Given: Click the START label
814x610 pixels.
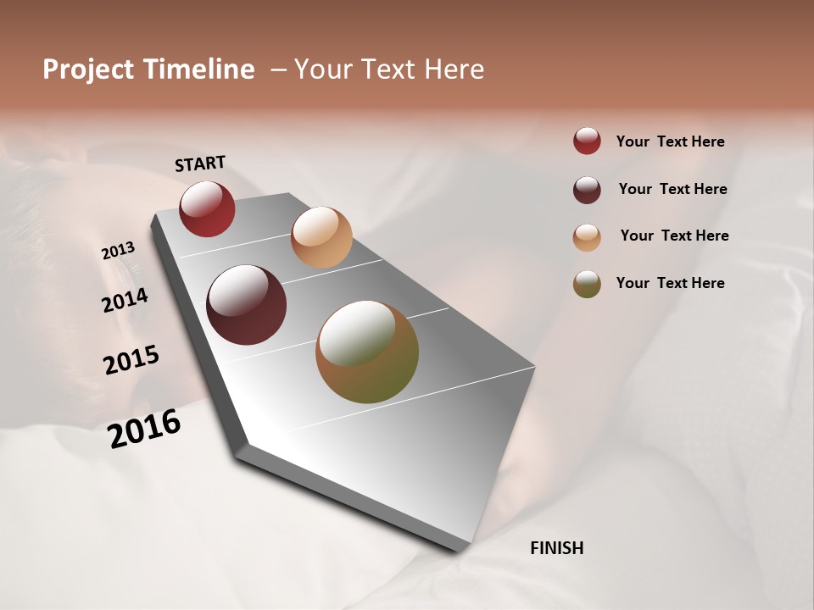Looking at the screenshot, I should (200, 164).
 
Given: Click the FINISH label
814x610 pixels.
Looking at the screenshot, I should (556, 548).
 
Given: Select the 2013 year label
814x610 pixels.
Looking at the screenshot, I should (119, 251).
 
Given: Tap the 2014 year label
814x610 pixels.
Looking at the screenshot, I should (125, 300).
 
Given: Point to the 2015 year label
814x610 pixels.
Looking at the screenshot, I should (131, 360).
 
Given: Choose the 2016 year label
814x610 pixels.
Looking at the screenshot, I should (144, 429).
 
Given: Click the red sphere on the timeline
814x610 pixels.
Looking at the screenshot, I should (207, 208).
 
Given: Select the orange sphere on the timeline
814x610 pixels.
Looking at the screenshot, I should (321, 237).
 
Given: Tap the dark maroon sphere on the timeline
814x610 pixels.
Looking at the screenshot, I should (247, 305).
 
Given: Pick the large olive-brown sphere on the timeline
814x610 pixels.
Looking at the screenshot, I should (367, 352).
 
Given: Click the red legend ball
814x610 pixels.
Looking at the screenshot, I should (587, 141).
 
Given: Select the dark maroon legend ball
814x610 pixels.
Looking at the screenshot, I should (587, 190).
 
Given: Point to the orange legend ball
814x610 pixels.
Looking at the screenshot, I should (587, 237).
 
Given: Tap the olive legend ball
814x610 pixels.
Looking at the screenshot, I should (587, 284).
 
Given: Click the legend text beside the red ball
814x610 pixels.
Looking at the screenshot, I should (670, 141).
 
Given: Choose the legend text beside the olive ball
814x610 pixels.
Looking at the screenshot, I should (670, 283).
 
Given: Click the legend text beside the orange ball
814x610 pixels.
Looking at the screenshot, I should (674, 236).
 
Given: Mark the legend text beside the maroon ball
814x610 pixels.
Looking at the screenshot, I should (672, 189).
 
